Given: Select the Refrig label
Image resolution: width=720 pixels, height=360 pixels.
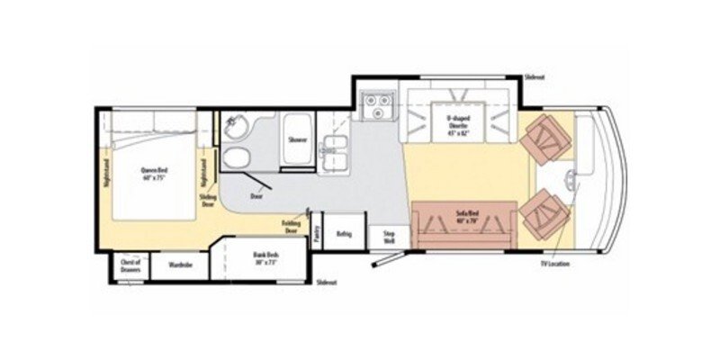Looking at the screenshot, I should [344, 235].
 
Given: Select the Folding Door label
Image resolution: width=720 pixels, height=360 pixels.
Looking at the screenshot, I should [291, 228].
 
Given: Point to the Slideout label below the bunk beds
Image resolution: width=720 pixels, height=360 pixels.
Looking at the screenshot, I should [326, 283].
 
